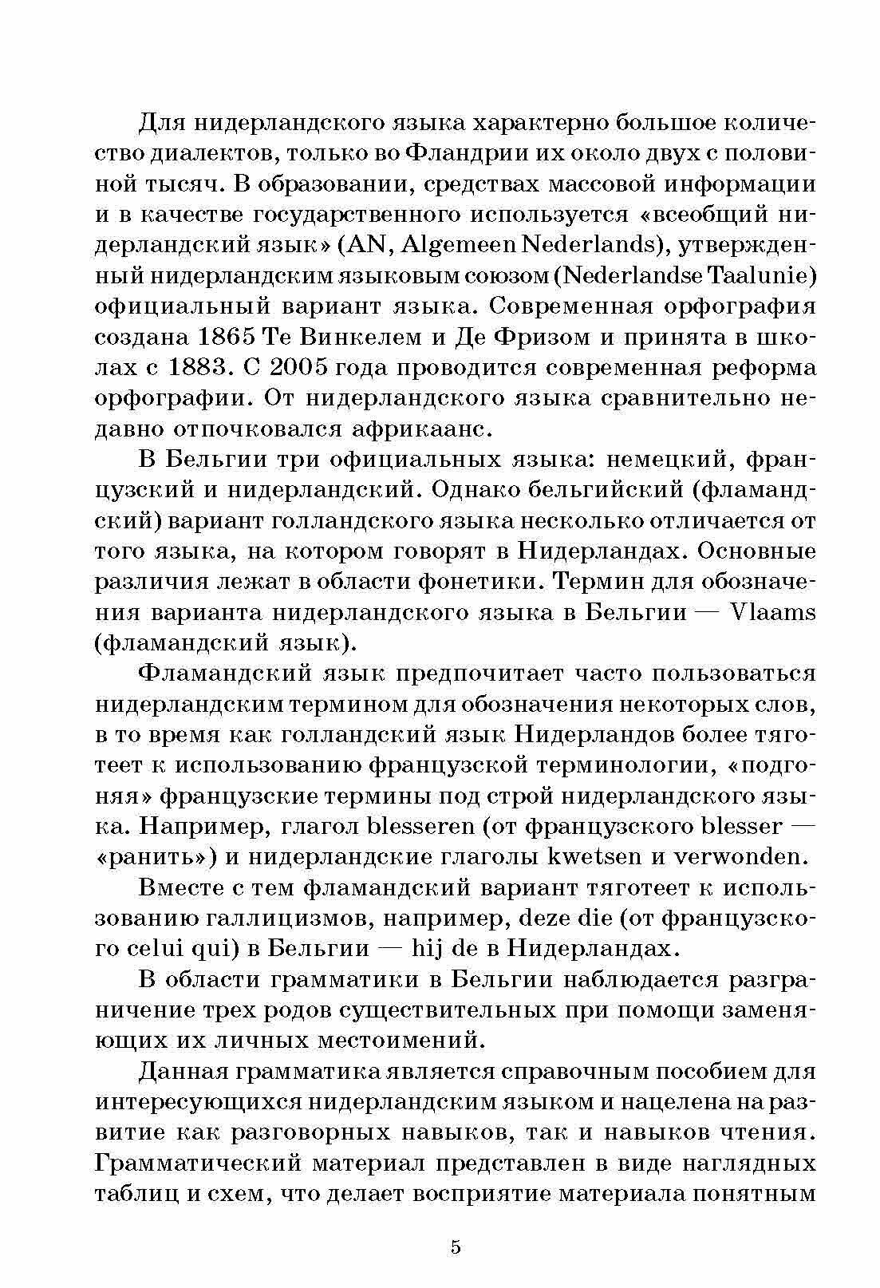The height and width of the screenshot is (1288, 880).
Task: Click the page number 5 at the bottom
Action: tap(456, 1247)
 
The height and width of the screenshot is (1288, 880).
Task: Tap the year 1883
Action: tap(202, 368)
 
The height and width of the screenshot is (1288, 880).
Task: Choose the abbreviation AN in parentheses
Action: tap(367, 245)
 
